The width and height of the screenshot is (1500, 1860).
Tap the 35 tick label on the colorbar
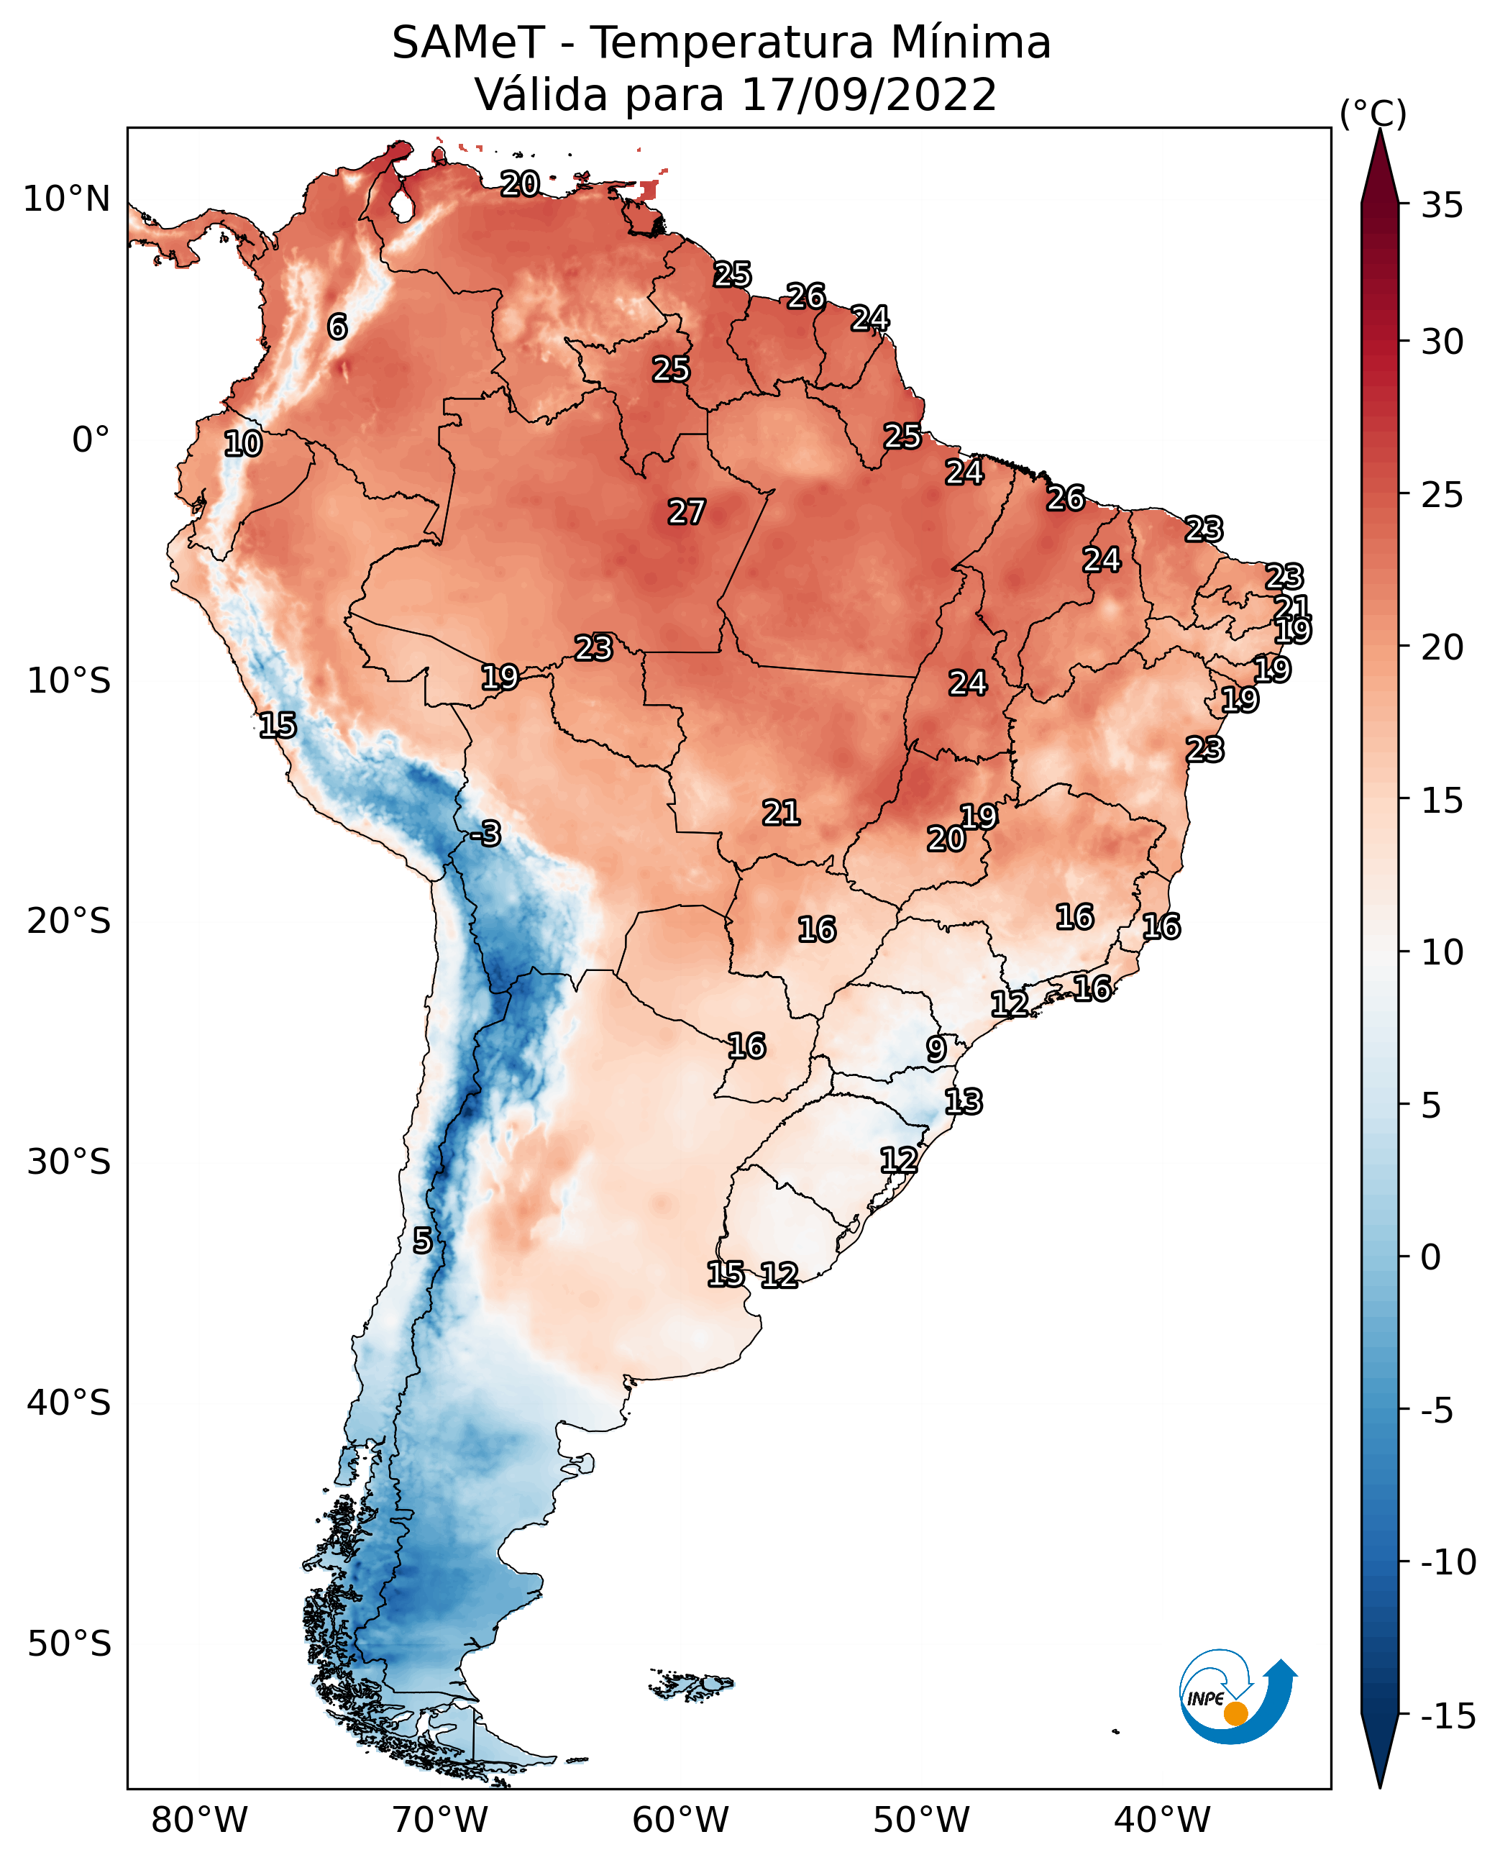(1442, 206)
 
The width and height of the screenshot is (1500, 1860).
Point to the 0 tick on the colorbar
(1431, 1257)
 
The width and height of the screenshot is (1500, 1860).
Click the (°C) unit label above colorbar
(1373, 113)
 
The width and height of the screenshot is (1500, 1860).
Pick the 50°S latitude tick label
(68, 1643)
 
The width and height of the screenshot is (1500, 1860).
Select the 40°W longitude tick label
(1162, 1821)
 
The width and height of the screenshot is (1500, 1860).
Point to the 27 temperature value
(687, 511)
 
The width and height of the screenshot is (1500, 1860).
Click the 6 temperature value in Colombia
(337, 327)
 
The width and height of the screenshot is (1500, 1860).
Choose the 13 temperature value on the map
(964, 1101)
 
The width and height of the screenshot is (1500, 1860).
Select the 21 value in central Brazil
(781, 813)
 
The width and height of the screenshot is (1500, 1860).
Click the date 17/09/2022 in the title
(869, 94)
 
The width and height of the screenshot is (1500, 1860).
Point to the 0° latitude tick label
(91, 440)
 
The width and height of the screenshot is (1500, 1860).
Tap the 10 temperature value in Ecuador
(243, 443)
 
